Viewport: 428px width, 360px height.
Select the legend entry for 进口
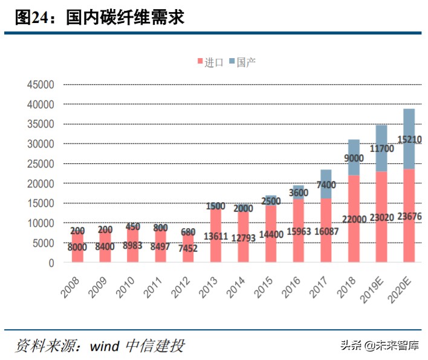(210, 62)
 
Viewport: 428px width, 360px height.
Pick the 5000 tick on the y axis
(44, 243)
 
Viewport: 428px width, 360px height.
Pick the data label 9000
(354, 159)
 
